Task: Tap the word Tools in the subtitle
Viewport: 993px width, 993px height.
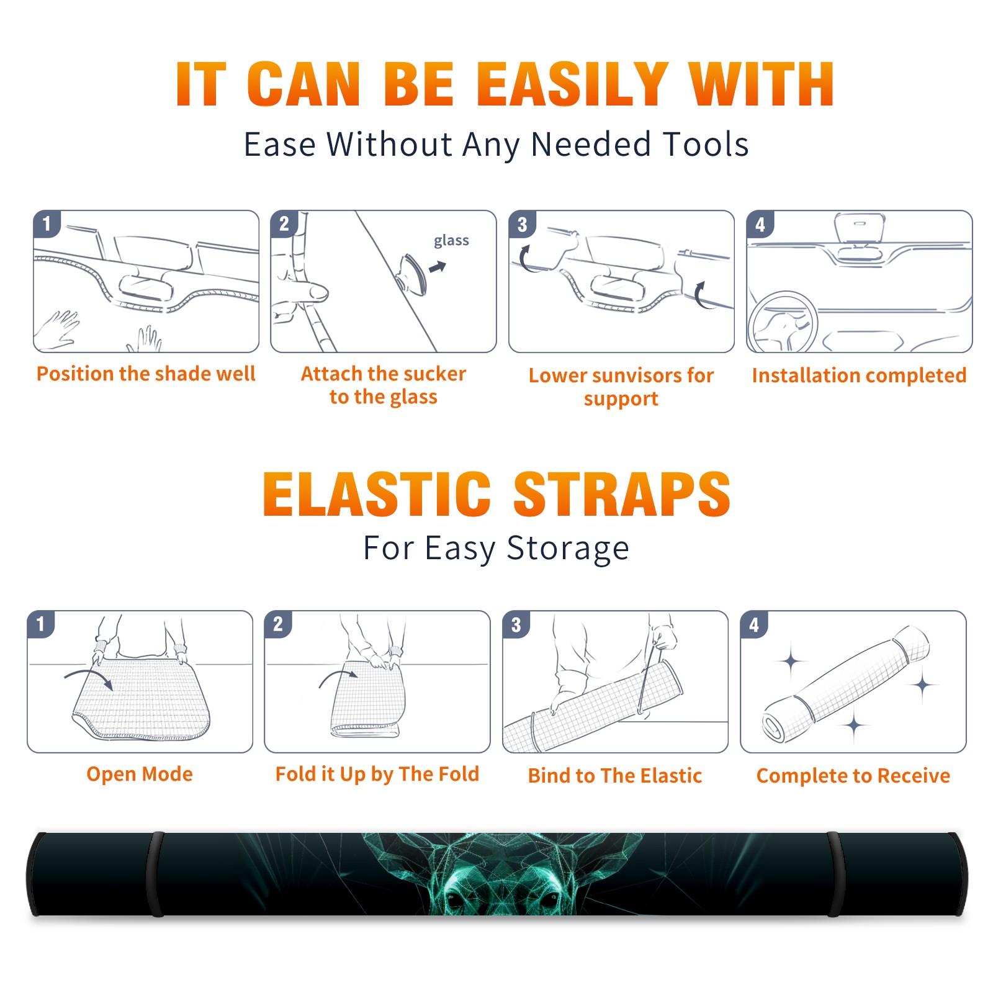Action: pyautogui.click(x=706, y=144)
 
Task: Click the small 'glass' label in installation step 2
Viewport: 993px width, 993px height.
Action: pyautogui.click(x=451, y=241)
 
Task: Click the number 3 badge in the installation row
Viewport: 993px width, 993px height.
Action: pyautogui.click(x=522, y=224)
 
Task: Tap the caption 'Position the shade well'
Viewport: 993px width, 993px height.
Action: pyautogui.click(x=146, y=374)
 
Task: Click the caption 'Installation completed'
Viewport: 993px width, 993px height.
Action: pyautogui.click(x=859, y=375)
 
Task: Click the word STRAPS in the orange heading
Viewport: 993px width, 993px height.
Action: pyautogui.click(x=622, y=494)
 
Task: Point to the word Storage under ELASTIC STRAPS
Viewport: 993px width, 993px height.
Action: pyautogui.click(x=568, y=549)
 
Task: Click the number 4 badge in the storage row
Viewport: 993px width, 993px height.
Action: pyautogui.click(x=754, y=624)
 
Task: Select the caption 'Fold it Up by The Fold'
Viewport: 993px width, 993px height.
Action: pyautogui.click(x=377, y=774)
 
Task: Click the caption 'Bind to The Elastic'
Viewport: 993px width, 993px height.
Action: pyautogui.click(x=615, y=775)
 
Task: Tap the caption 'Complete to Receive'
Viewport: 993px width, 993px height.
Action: pyautogui.click(x=853, y=775)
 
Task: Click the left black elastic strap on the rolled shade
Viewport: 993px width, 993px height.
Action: pyautogui.click(x=156, y=874)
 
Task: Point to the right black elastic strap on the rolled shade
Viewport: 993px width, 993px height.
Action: pyautogui.click(x=836, y=874)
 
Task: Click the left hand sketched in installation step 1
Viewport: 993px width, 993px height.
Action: pyautogui.click(x=58, y=330)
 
